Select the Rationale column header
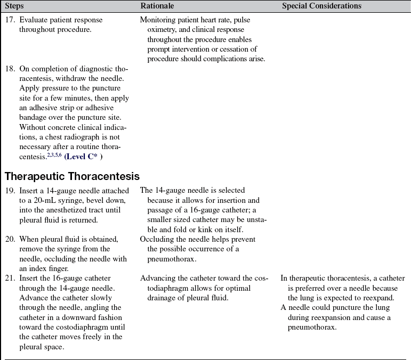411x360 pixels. [x=156, y=6]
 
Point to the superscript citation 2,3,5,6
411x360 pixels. [x=55, y=155]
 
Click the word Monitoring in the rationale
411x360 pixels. [x=158, y=20]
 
